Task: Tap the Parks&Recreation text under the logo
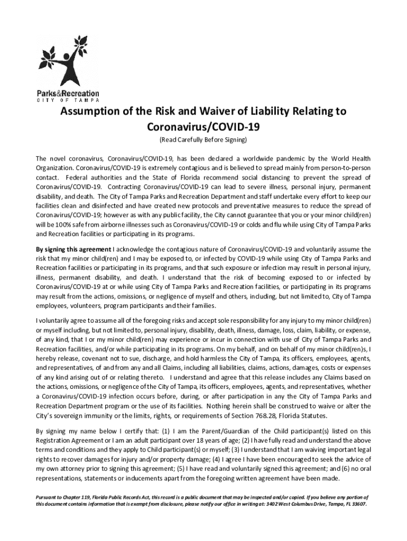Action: point(68,94)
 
